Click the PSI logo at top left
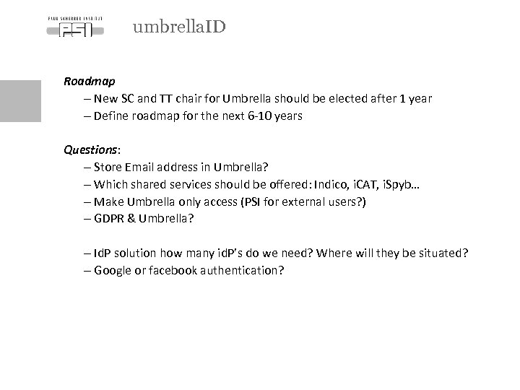(x=74, y=27)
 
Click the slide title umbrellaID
(x=179, y=27)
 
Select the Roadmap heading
(x=89, y=82)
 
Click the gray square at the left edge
(x=20, y=100)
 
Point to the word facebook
(x=176, y=271)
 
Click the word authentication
(x=244, y=271)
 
